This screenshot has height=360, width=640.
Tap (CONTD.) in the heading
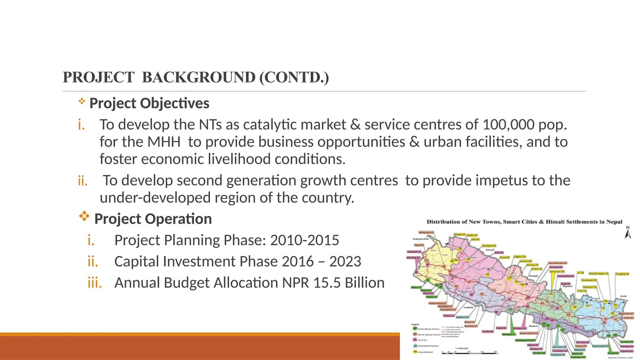point(294,77)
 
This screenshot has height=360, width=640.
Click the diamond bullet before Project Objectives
point(82,101)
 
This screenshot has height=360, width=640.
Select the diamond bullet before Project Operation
point(84,216)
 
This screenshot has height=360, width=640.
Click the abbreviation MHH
point(164,142)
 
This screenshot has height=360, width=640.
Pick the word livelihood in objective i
point(239,159)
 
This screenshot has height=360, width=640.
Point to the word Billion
point(365,282)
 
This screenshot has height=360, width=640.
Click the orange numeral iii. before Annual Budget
point(95,282)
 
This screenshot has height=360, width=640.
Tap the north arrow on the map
point(627,233)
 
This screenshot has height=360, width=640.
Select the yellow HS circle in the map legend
point(415,352)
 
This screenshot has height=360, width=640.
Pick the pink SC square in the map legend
point(415,340)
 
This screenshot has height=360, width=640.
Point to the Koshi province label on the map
point(623,296)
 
